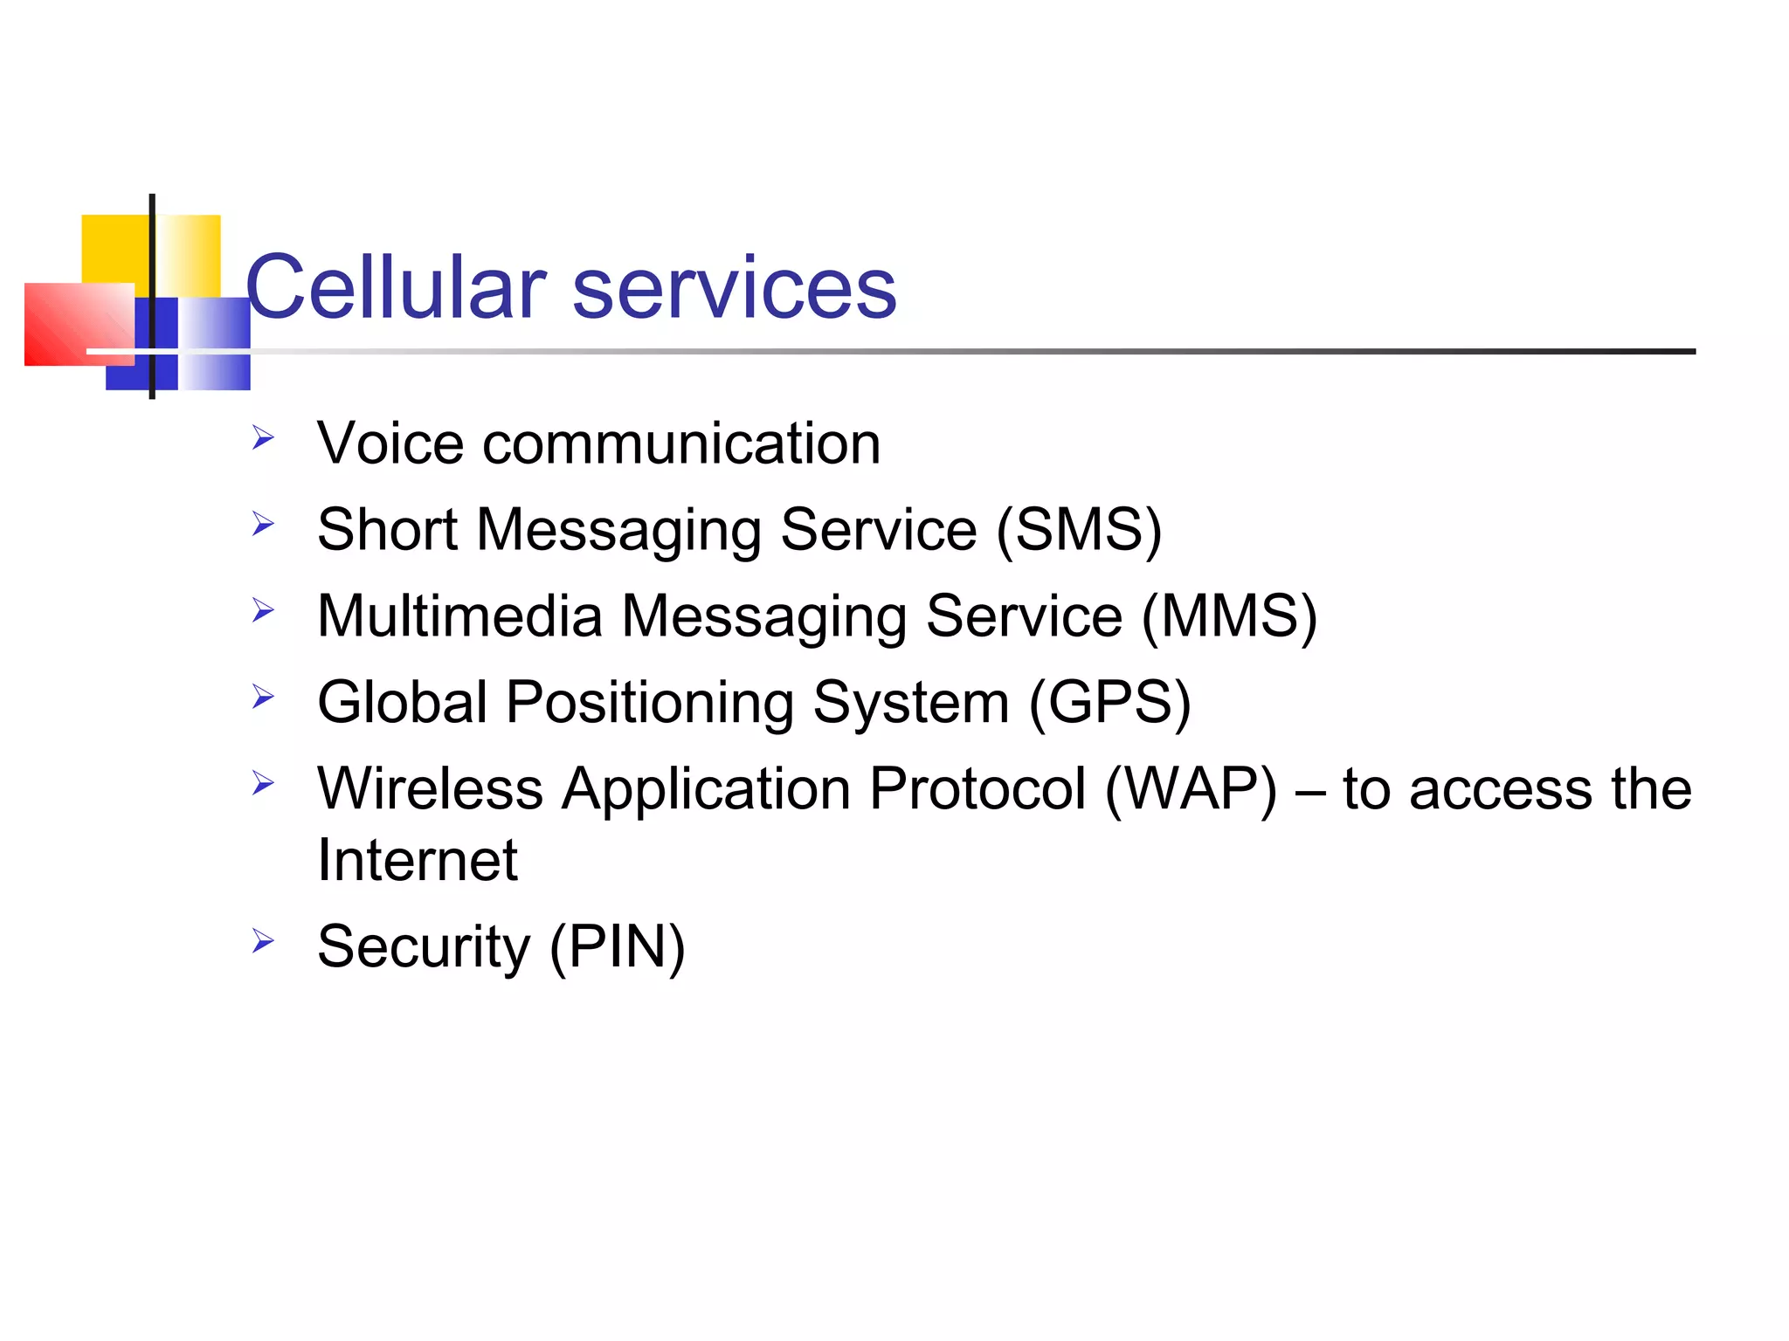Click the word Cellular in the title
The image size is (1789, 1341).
pyautogui.click(x=396, y=287)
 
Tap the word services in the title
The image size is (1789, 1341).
pyautogui.click(x=734, y=289)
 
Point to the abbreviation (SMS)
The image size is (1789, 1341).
pyautogui.click(x=1079, y=529)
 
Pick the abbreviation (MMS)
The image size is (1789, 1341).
pyautogui.click(x=1229, y=616)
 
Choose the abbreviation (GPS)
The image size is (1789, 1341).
pyautogui.click(x=1109, y=703)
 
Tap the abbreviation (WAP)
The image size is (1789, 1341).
pyautogui.click(x=1191, y=789)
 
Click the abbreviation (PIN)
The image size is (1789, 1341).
pyautogui.click(x=617, y=946)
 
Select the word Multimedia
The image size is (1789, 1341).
pyautogui.click(x=459, y=615)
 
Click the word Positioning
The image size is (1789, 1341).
pyautogui.click(x=650, y=703)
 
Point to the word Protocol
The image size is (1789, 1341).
pyautogui.click(x=977, y=789)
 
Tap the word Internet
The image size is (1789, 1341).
pyautogui.click(x=418, y=860)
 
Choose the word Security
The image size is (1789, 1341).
pyautogui.click(x=424, y=946)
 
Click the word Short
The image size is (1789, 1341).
pyautogui.click(x=387, y=529)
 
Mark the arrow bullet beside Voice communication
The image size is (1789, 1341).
pyautogui.click(x=263, y=437)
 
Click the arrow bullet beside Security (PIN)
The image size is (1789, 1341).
pyautogui.click(x=263, y=941)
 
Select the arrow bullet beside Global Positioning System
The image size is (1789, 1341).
pyautogui.click(x=263, y=697)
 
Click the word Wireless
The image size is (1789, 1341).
pyautogui.click(x=430, y=789)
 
